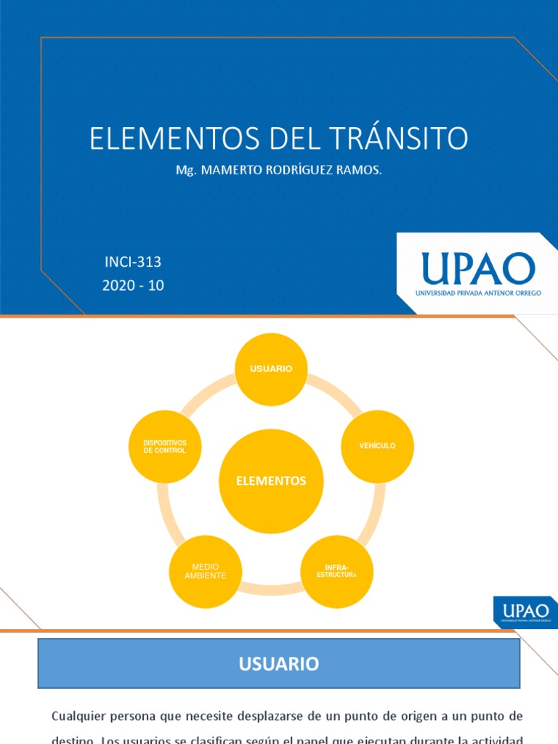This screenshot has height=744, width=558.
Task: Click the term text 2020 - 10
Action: (x=133, y=286)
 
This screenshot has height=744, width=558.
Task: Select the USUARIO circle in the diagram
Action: (x=271, y=369)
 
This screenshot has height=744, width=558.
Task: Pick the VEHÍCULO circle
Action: (x=377, y=445)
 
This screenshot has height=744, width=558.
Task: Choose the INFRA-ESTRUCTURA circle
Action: (x=336, y=572)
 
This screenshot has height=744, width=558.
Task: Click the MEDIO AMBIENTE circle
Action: (x=206, y=572)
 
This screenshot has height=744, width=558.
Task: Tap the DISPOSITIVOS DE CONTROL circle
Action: (x=165, y=446)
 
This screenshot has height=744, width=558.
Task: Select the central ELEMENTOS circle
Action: (x=271, y=481)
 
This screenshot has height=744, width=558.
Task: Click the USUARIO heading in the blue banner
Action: (x=278, y=663)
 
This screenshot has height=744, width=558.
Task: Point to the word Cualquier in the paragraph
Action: (x=78, y=716)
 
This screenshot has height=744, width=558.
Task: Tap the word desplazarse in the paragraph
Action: (x=249, y=716)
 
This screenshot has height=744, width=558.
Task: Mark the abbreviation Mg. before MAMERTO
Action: (x=187, y=170)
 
